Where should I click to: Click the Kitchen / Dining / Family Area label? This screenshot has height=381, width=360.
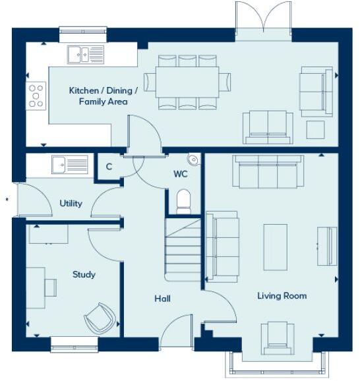(104, 96)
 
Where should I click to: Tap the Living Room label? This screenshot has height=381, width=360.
(282, 296)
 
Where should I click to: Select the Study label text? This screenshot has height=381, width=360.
(84, 274)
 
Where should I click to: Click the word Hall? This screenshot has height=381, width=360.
(163, 299)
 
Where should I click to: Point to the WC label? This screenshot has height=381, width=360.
(181, 175)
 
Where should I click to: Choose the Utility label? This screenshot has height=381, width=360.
(71, 203)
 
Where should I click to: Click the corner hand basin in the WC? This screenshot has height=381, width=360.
(193, 159)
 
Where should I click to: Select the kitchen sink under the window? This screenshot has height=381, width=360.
(85, 53)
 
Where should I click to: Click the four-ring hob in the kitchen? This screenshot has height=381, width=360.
(36, 96)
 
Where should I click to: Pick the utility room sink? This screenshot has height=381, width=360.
(70, 163)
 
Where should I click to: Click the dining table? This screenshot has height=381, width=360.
(188, 82)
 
